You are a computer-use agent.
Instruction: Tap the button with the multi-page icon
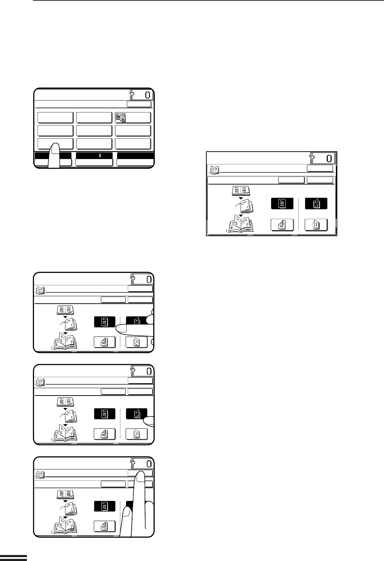pos(133,117)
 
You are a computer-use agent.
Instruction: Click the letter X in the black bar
pos(100,156)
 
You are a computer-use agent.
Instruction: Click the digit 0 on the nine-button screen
pos(148,95)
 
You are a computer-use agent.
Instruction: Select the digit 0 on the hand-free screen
pos(329,158)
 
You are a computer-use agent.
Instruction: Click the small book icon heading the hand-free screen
pos(215,170)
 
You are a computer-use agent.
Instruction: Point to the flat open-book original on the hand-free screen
pos(241,191)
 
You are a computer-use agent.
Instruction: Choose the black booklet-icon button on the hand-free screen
pos(316,203)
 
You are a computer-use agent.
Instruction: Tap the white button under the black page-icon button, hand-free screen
pos(282,224)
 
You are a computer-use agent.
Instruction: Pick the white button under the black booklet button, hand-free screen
pos(316,224)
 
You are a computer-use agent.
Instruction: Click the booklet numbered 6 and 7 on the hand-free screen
pos(240,223)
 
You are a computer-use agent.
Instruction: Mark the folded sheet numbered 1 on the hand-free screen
pos(245,206)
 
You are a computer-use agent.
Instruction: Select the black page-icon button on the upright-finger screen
pos(105,506)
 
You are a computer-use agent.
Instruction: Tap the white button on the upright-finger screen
pos(105,526)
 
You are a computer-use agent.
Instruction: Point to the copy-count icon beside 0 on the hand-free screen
pos(312,157)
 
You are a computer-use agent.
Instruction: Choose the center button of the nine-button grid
pos(94,130)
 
